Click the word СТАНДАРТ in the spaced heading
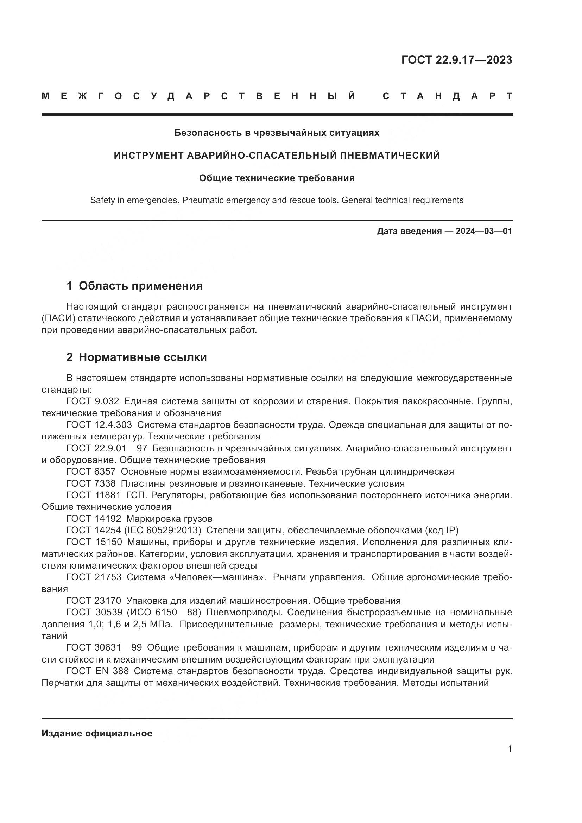click(x=447, y=96)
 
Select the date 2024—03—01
click(x=483, y=231)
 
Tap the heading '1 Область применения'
click(x=134, y=286)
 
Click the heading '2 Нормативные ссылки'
click(x=137, y=357)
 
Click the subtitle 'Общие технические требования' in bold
click(x=277, y=178)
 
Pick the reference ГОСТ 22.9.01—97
click(x=107, y=448)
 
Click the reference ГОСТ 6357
click(x=91, y=472)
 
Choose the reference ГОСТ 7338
click(x=91, y=483)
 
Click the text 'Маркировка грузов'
click(x=169, y=519)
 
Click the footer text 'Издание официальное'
click(x=97, y=733)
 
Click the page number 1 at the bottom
click(x=510, y=749)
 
